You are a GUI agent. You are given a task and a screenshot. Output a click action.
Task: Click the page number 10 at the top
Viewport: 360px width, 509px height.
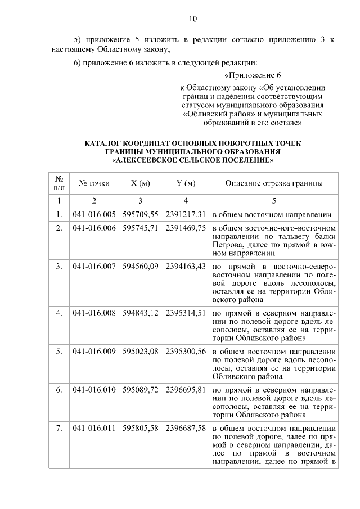(192, 19)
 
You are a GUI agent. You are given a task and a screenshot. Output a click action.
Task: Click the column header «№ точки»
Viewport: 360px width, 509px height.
(94, 183)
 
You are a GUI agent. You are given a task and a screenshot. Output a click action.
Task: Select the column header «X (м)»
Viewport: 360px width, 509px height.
(140, 183)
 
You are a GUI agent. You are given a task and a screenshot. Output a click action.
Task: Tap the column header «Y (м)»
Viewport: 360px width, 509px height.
(186, 183)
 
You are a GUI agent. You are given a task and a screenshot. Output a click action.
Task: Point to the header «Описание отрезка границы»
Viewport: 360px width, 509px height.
(274, 183)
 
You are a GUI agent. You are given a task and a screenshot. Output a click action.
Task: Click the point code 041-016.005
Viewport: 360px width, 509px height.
(94, 214)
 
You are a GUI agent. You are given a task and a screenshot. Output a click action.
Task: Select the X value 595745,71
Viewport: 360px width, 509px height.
(141, 228)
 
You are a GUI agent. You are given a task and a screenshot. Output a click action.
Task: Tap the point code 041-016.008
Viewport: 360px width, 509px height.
(94, 312)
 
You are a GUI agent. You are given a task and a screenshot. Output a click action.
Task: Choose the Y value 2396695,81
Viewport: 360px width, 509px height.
(186, 389)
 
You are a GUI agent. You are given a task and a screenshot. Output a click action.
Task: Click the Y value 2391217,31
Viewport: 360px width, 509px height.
(186, 214)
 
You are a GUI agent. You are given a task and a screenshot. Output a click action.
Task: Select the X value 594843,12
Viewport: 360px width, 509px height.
(141, 312)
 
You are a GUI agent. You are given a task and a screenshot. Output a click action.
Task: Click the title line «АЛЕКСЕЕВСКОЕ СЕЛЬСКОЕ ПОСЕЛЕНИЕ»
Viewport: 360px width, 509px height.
(192, 160)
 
